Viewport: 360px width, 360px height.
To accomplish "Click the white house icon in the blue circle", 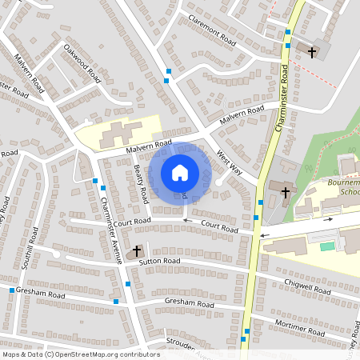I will pyautogui.click(x=179, y=172).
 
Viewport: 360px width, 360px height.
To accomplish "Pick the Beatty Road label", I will pyautogui.click(x=141, y=184).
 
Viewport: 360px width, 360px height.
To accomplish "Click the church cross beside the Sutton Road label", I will pyautogui.click(x=137, y=251).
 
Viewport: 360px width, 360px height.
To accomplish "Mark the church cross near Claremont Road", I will pyautogui.click(x=311, y=52).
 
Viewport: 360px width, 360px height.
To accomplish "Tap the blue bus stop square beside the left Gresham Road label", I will pyautogui.click(x=116, y=302).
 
